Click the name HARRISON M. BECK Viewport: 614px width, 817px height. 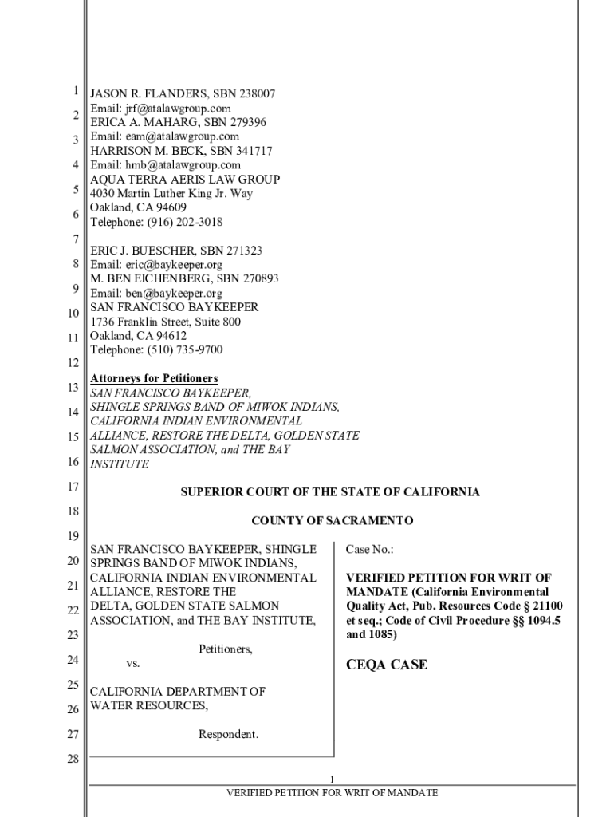pyautogui.click(x=145, y=151)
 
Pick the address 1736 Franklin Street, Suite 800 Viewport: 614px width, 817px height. pyautogui.click(x=165, y=322)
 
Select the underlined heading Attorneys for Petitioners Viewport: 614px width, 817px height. pyautogui.click(x=154, y=378)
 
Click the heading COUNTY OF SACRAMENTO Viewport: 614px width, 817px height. pyautogui.click(x=333, y=521)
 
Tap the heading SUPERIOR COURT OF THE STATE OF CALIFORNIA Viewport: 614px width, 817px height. pyautogui.click(x=331, y=492)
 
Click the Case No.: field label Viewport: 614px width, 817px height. pyautogui.click(x=369, y=550)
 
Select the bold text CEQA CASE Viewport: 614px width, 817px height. pyautogui.click(x=387, y=665)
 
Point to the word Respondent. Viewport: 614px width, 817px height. pyautogui.click(x=228, y=734)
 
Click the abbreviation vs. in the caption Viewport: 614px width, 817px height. pyautogui.click(x=133, y=664)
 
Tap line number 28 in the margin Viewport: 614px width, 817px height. pyautogui.click(x=72, y=759)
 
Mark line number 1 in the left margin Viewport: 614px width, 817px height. pyautogui.click(x=73, y=92)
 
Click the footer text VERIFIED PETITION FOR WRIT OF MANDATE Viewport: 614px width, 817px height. pyautogui.click(x=332, y=793)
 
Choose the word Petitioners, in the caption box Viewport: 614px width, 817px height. pyautogui.click(x=226, y=649)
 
